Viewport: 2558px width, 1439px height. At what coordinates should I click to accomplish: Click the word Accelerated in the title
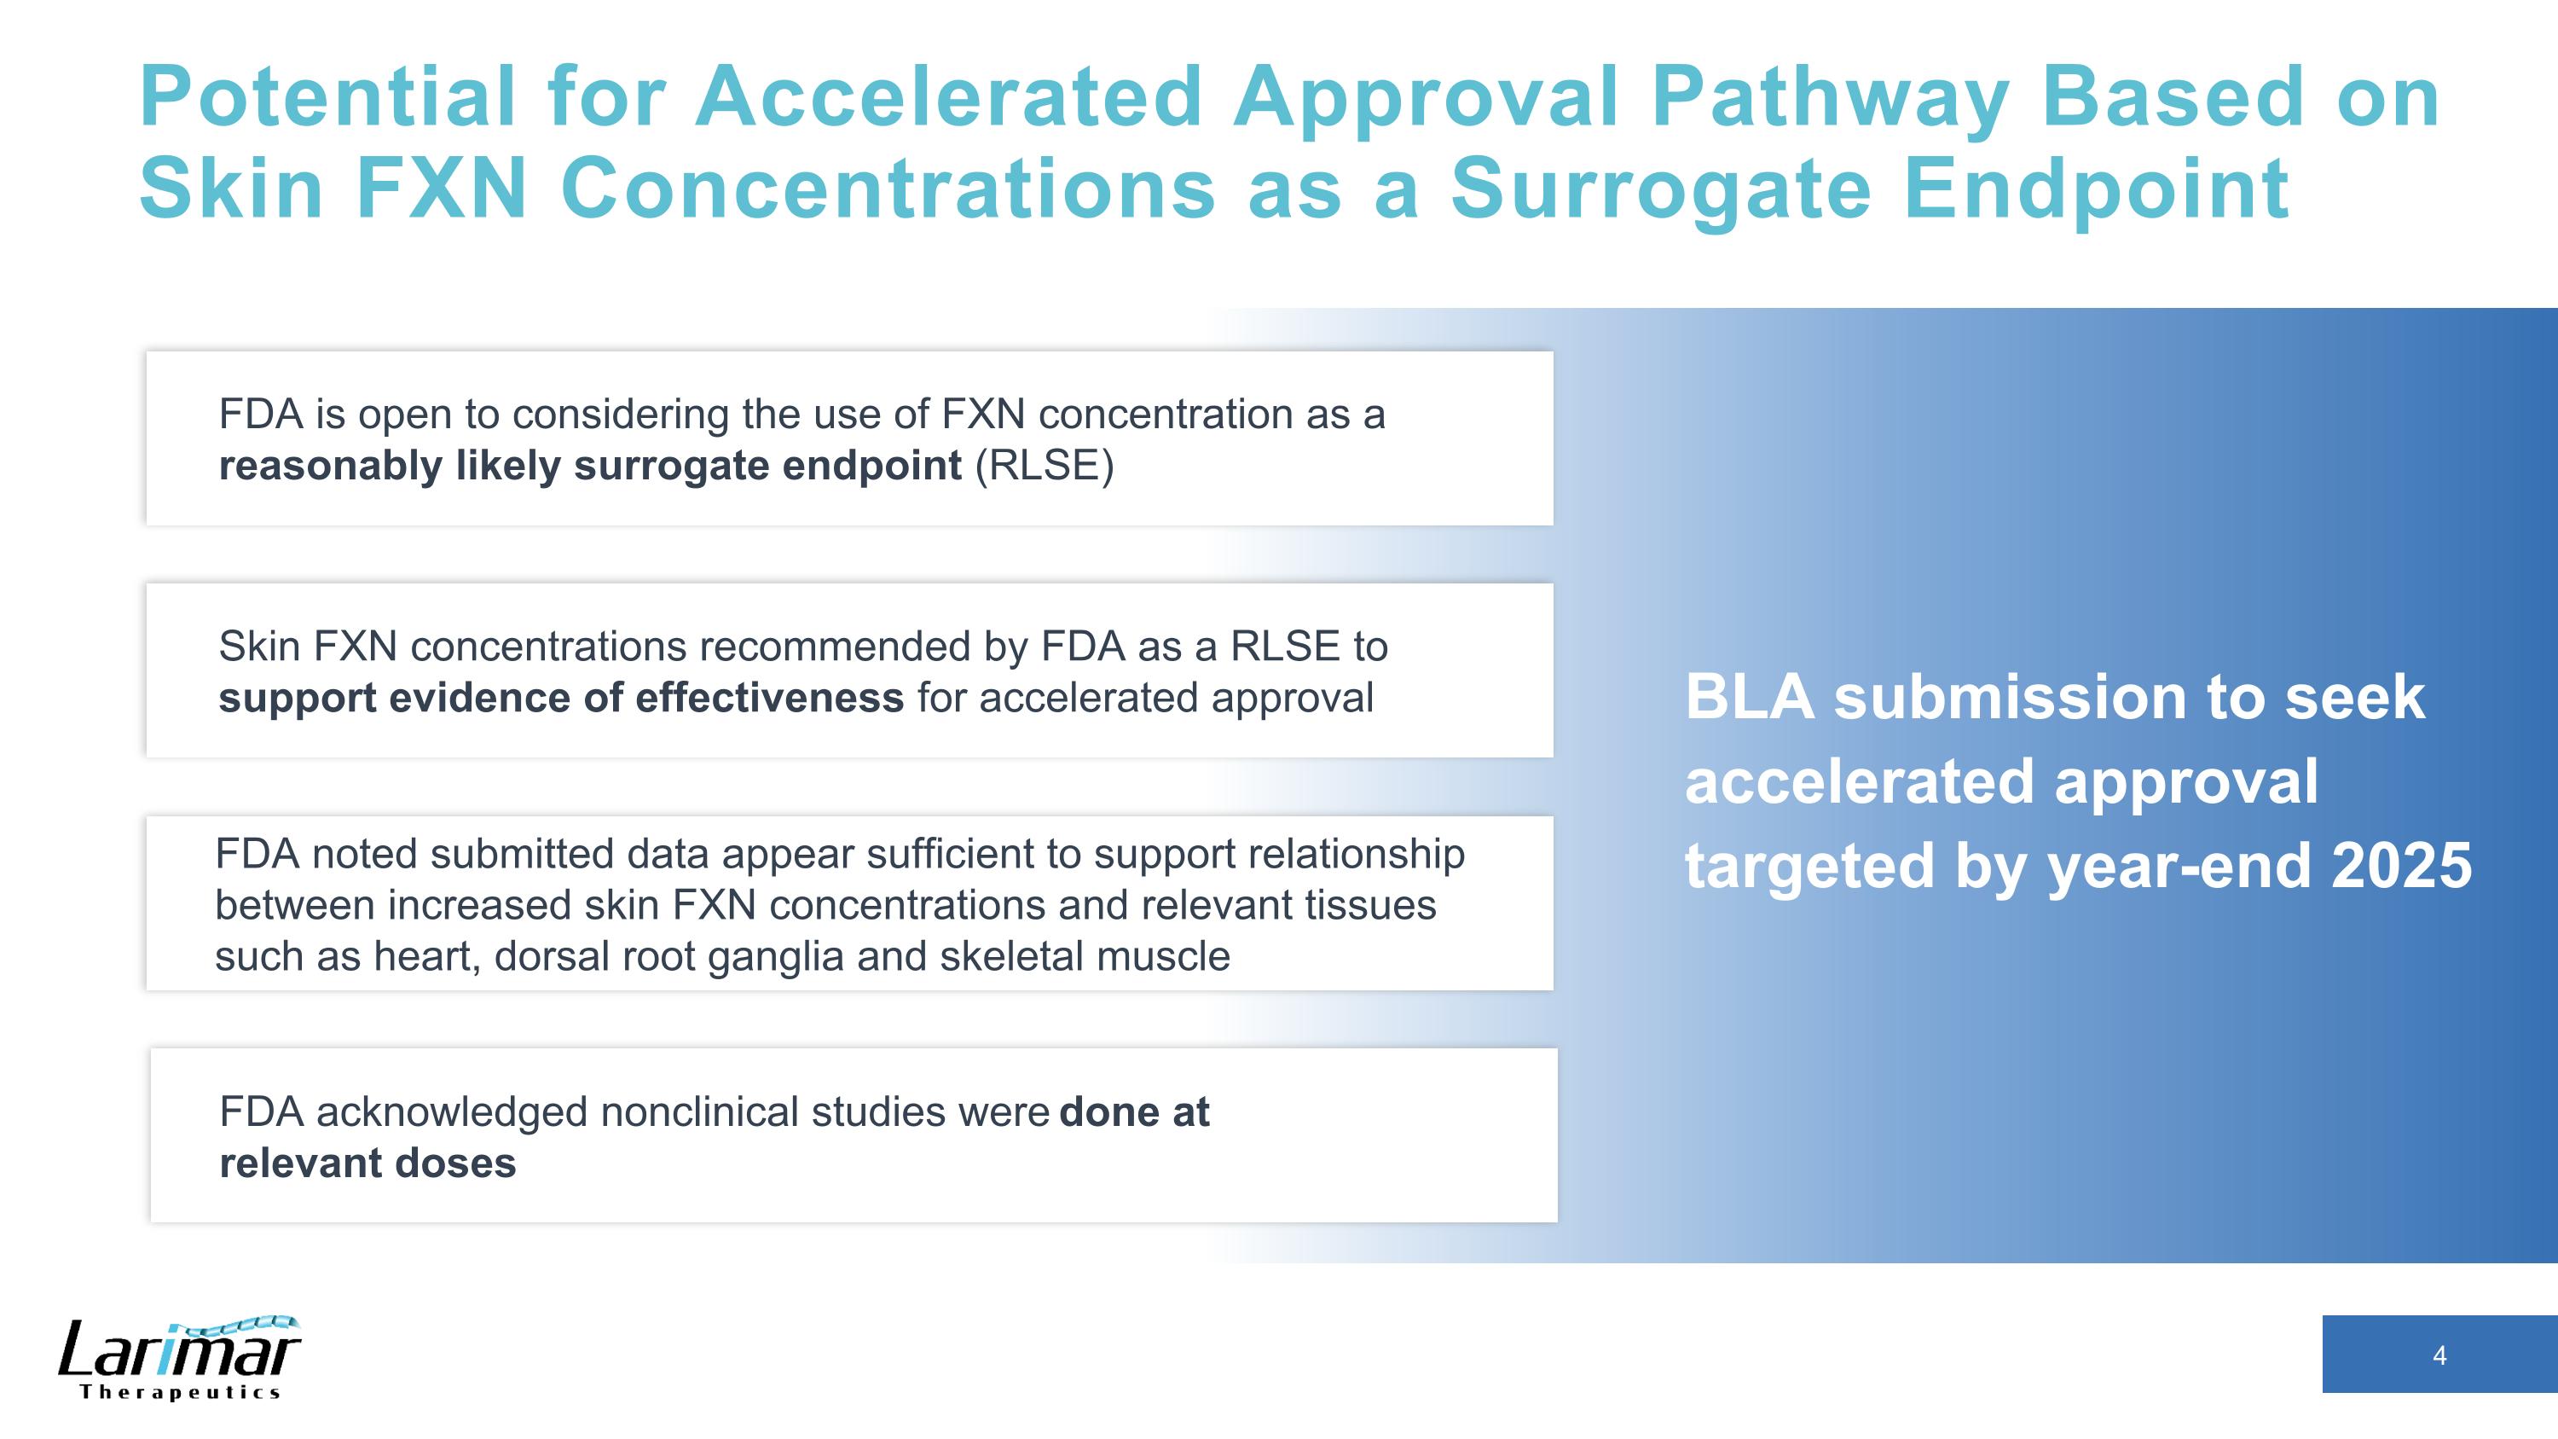pyautogui.click(x=949, y=96)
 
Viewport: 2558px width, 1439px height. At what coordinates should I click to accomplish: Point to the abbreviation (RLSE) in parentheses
pyautogui.click(x=1045, y=466)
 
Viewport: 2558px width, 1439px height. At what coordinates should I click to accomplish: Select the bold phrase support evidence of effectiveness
pyautogui.click(x=561, y=698)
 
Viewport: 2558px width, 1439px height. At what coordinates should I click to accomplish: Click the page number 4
pyautogui.click(x=2439, y=1355)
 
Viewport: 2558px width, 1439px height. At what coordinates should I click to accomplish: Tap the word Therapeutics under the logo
pyautogui.click(x=180, y=1392)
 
